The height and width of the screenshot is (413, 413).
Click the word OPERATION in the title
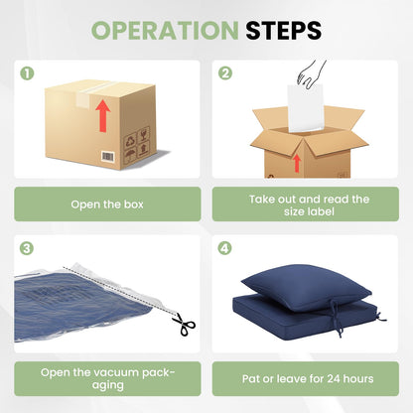165,31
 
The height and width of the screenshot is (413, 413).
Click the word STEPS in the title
283,31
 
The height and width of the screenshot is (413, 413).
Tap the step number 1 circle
27,73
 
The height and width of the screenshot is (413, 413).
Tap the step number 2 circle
225,73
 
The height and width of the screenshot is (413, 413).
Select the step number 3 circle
27,248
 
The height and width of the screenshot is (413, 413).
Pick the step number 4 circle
224,248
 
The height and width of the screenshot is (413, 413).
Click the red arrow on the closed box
103,116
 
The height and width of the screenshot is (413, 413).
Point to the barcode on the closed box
108,157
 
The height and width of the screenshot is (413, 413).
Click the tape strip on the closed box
88,94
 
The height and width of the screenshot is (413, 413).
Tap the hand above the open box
311,73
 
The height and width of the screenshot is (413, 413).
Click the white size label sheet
305,108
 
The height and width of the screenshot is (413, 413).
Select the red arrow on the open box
297,163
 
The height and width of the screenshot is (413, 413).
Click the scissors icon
184,324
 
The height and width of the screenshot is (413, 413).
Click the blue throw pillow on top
306,287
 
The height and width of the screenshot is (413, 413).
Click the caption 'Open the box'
107,205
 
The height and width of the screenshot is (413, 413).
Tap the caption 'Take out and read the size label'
309,206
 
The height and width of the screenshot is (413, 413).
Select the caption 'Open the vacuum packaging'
107,378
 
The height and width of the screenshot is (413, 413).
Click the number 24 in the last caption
334,378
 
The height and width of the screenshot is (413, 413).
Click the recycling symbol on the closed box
130,141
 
